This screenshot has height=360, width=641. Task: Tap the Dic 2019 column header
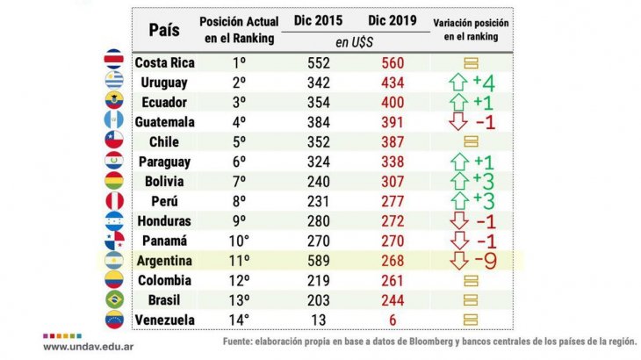[x=393, y=20]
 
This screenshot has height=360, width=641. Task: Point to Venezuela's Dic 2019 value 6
[x=393, y=320]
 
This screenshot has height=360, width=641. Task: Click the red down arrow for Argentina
[x=457, y=261]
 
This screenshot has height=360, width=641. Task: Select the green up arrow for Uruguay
[x=457, y=83]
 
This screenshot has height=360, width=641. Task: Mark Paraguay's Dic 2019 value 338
[x=393, y=162]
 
